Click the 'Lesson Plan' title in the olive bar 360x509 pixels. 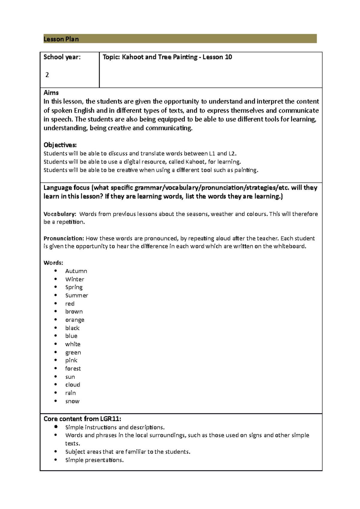point(61,39)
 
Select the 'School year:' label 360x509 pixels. point(62,57)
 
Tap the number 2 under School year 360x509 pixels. point(47,75)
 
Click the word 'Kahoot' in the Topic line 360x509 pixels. point(133,57)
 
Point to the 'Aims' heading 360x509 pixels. point(51,93)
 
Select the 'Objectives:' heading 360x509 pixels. point(60,145)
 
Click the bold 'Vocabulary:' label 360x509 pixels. point(60,214)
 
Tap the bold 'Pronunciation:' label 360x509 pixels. point(64,238)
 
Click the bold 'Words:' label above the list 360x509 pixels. point(53,263)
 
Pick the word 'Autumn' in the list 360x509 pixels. point(76,271)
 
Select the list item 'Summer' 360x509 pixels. point(76,296)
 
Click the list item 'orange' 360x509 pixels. point(75,320)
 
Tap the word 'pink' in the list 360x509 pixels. point(71,360)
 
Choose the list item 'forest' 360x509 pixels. point(73,368)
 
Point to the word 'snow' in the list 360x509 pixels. point(72,401)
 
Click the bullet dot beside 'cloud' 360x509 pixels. point(55,384)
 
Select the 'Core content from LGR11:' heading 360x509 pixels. point(82,419)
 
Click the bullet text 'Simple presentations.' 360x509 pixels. point(94,460)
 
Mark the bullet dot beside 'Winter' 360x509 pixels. point(55,279)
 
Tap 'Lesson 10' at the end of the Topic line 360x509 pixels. point(217,57)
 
